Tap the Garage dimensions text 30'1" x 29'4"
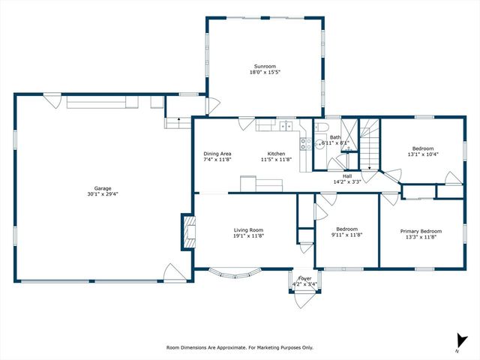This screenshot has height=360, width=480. pyautogui.click(x=102, y=193)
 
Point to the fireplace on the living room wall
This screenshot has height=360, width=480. pyautogui.click(x=187, y=232)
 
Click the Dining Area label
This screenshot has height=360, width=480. pyautogui.click(x=217, y=154)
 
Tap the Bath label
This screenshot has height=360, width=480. pyautogui.click(x=334, y=137)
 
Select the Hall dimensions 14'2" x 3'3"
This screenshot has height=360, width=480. pyautogui.click(x=347, y=181)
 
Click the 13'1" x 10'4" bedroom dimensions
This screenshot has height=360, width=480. pyautogui.click(x=423, y=154)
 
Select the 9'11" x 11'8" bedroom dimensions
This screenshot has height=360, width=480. pyautogui.click(x=346, y=235)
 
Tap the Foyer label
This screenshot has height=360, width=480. pyautogui.click(x=304, y=278)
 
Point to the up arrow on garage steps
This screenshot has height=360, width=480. pyautogui.click(x=178, y=119)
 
